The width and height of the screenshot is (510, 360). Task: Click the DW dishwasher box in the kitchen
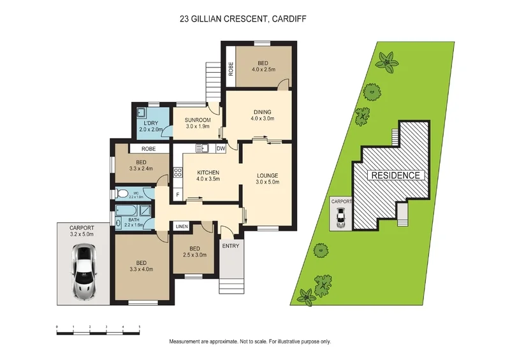tap(220, 149)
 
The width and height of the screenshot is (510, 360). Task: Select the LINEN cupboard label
tap(182, 226)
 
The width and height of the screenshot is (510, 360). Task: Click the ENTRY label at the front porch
tap(229, 245)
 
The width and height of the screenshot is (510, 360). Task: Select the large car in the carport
tap(83, 273)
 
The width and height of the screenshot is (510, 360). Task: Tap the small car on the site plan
tap(341, 219)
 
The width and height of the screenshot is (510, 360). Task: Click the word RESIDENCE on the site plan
tap(395, 175)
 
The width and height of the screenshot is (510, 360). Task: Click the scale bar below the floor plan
tap(98, 329)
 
